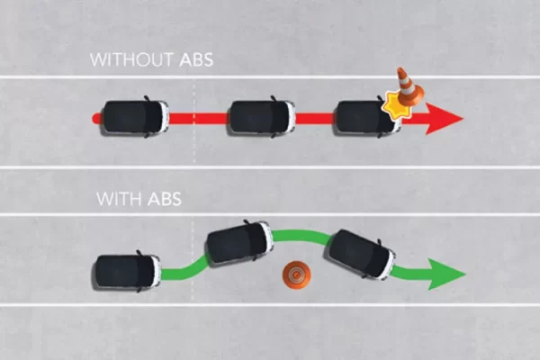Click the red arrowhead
pyautogui.click(x=445, y=118)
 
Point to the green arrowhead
pyautogui.click(x=446, y=274)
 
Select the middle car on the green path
pyautogui.click(x=238, y=241)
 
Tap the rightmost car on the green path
pyautogui.click(x=360, y=253)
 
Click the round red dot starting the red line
pyautogui.click(x=96, y=118)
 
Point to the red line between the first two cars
pyautogui.click(x=198, y=118)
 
